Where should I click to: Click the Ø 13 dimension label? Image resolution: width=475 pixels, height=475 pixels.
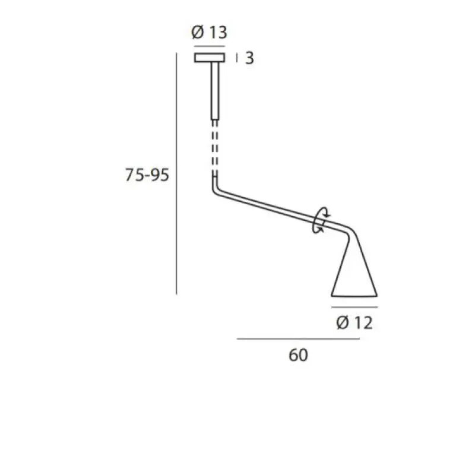point(210,32)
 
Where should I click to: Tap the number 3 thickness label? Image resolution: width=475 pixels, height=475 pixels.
point(249,58)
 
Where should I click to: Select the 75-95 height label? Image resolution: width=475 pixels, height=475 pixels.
point(147,175)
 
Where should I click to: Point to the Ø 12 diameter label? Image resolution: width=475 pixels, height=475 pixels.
point(354,322)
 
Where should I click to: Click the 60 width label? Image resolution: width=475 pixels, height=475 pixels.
point(299,355)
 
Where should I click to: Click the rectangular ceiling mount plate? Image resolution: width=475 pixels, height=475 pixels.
point(210,58)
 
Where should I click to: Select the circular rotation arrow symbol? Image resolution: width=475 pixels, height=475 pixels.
point(321,220)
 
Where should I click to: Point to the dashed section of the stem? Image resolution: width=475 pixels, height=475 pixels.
point(215,148)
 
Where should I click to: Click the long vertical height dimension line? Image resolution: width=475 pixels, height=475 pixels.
point(176,173)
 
